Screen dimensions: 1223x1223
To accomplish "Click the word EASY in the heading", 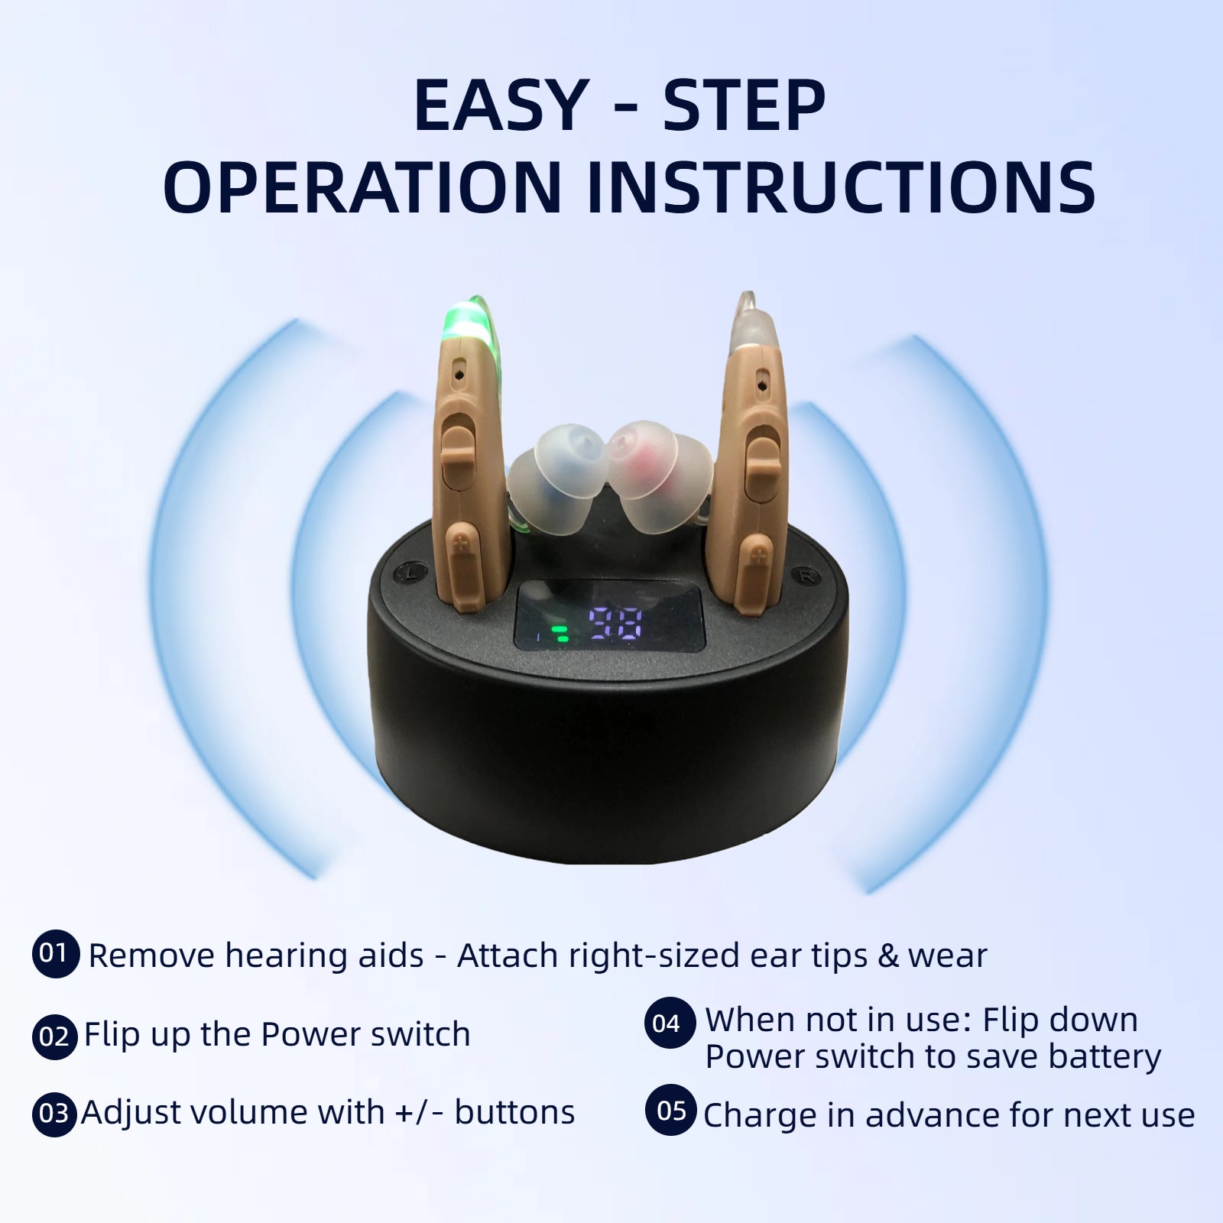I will tap(499, 106).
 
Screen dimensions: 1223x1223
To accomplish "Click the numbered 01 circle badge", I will tap(55, 954).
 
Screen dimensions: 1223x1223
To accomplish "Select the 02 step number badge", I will tap(55, 1036).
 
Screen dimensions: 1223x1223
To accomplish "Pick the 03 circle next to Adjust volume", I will tap(54, 1113).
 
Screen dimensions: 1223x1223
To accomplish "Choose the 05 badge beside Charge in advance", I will tap(670, 1110).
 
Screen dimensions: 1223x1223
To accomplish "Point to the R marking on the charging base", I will tap(806, 577).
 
